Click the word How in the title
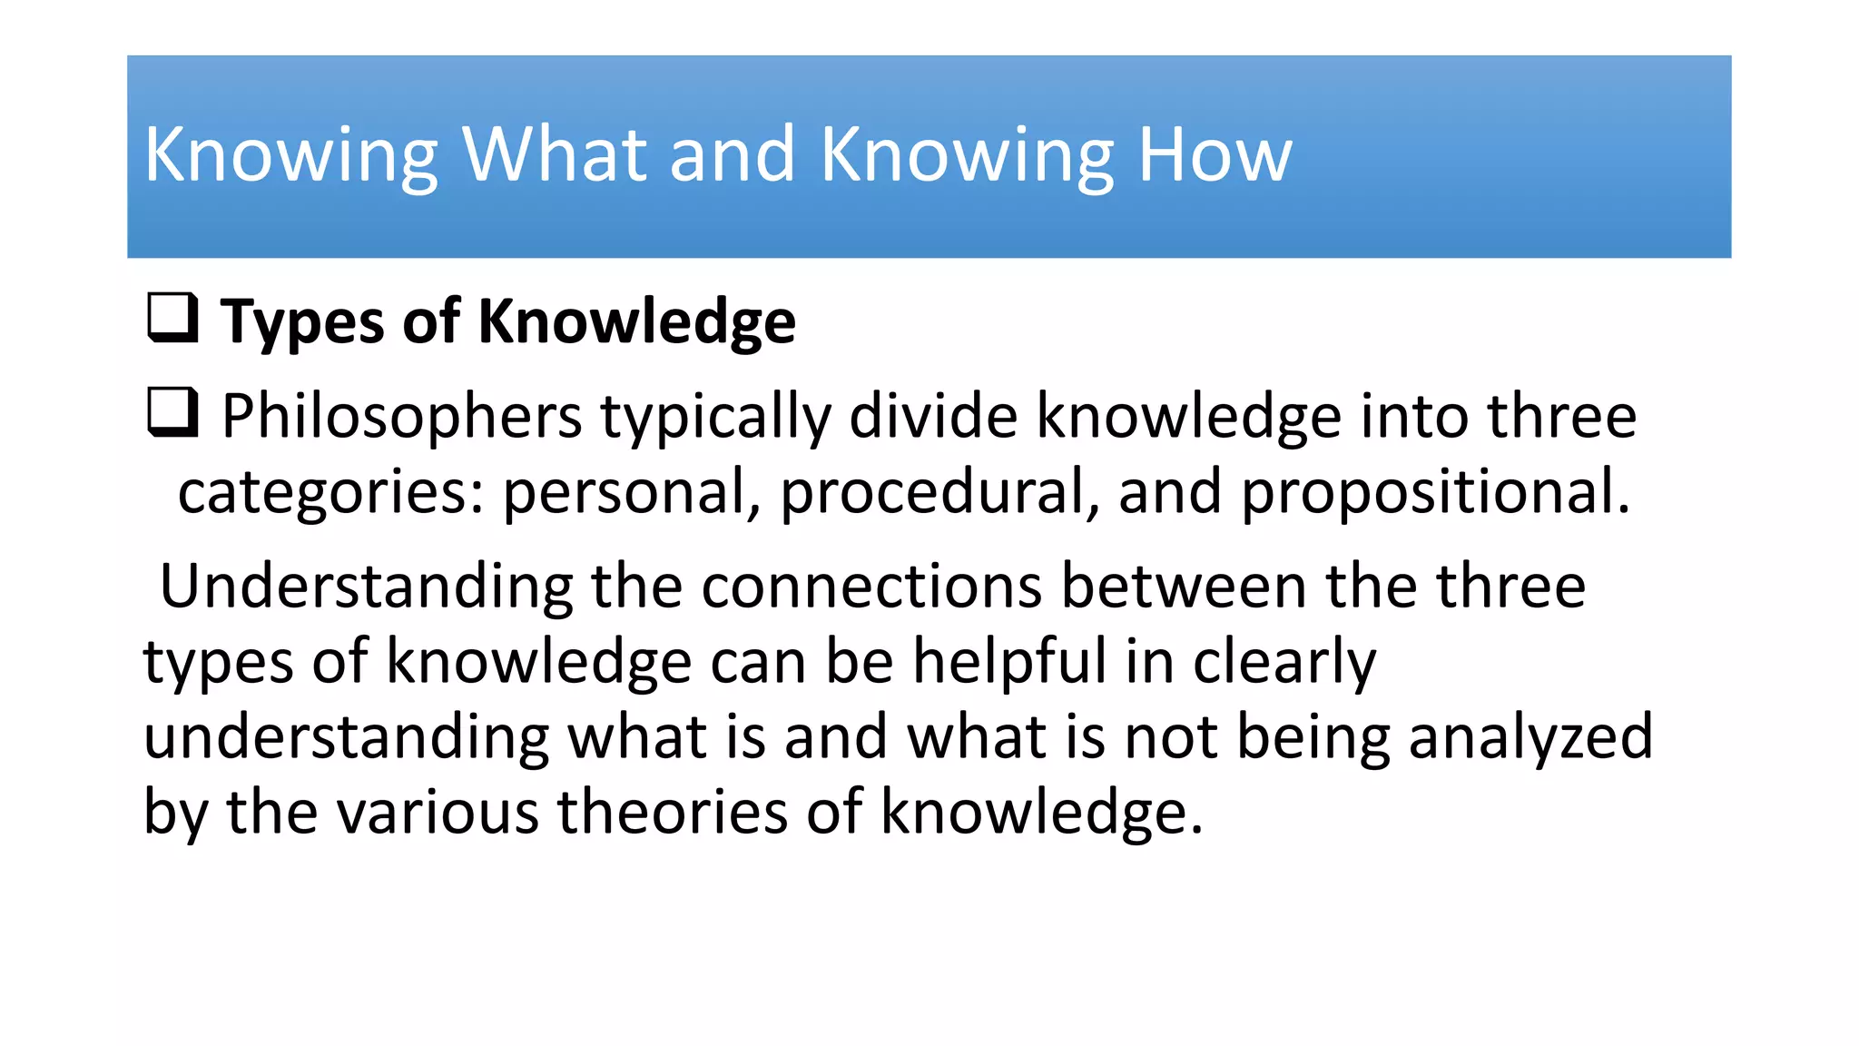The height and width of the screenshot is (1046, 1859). click(x=1215, y=155)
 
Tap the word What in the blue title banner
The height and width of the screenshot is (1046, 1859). click(x=556, y=155)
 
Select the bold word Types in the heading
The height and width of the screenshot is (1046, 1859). click(x=302, y=322)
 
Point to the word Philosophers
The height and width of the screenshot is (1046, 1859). click(x=401, y=417)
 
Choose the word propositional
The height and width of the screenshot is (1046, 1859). click(x=1435, y=493)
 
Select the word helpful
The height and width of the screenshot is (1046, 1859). click(x=1009, y=661)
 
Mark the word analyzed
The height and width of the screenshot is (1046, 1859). click(x=1530, y=736)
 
